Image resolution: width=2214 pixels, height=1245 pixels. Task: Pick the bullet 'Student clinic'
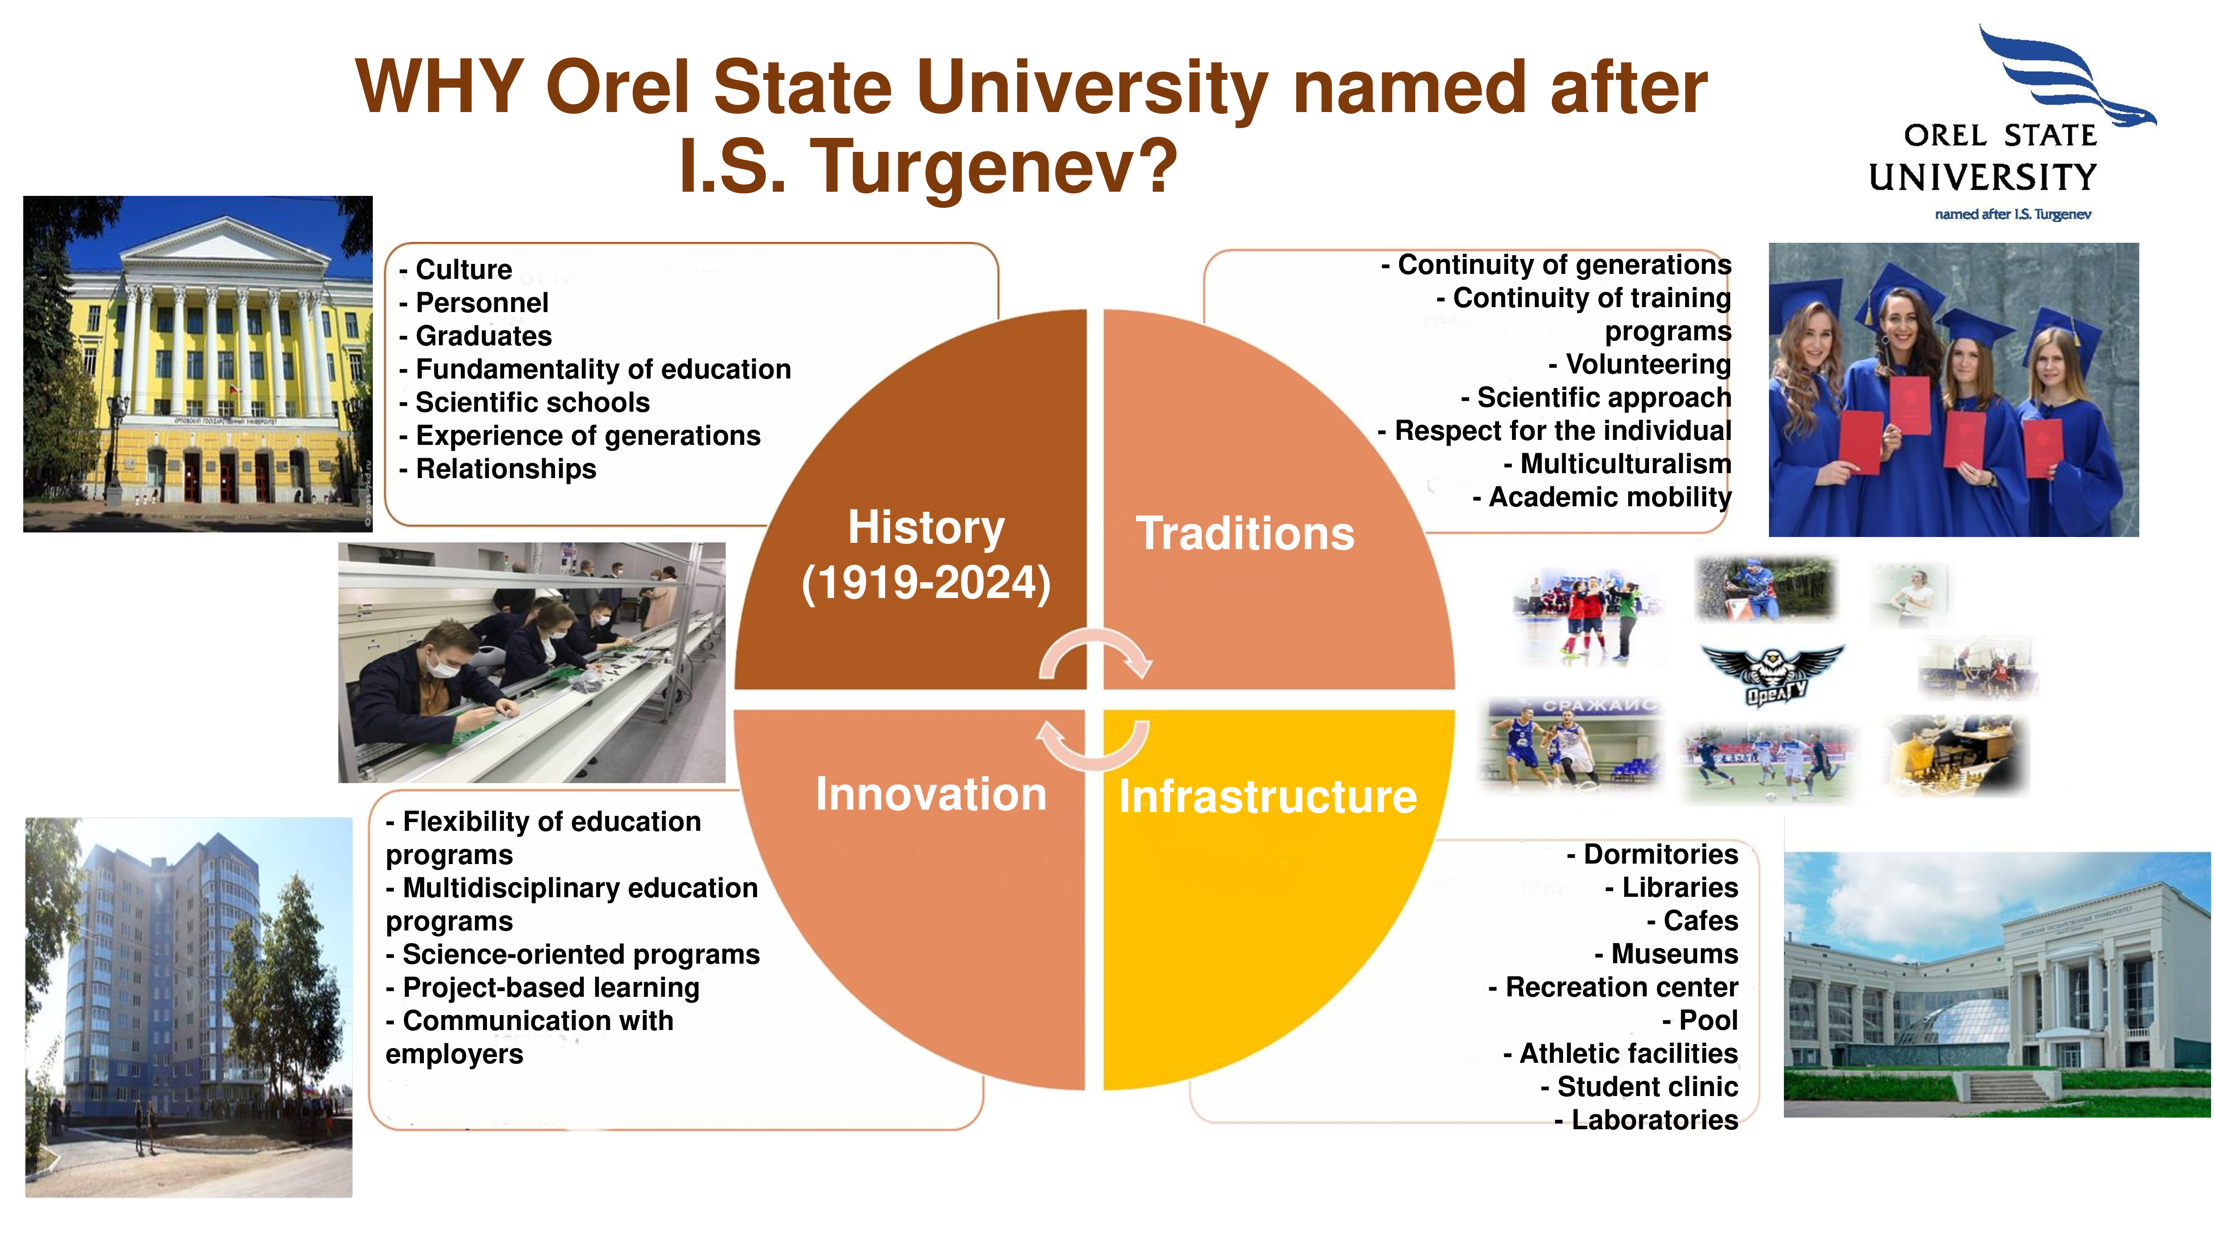click(x=1640, y=1087)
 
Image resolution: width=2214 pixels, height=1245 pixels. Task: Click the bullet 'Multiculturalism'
click(x=1617, y=464)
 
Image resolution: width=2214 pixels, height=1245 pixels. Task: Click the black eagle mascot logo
click(x=1772, y=674)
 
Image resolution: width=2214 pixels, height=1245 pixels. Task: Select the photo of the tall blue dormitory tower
click(x=188, y=1007)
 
